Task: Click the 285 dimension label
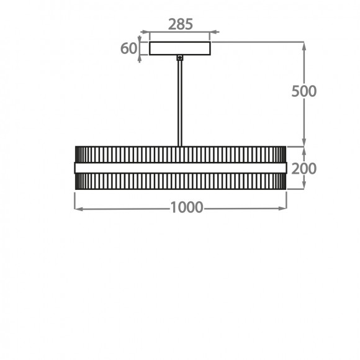(x=181, y=24)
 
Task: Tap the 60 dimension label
(x=129, y=48)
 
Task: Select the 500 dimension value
(x=304, y=91)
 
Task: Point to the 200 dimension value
(x=304, y=169)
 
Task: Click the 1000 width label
(x=187, y=207)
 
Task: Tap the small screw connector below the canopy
(x=180, y=58)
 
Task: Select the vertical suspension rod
(x=180, y=103)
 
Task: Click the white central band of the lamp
(x=181, y=168)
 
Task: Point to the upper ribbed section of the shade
(x=181, y=155)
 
